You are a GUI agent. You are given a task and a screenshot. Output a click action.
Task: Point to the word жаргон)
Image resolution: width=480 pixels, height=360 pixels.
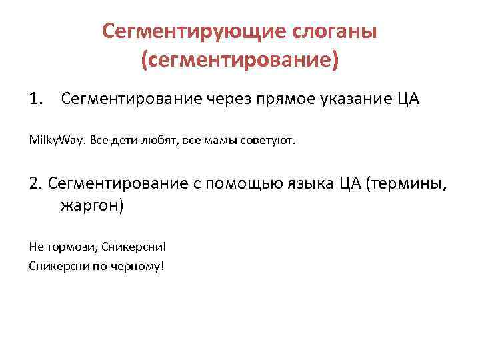click(x=92, y=205)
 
